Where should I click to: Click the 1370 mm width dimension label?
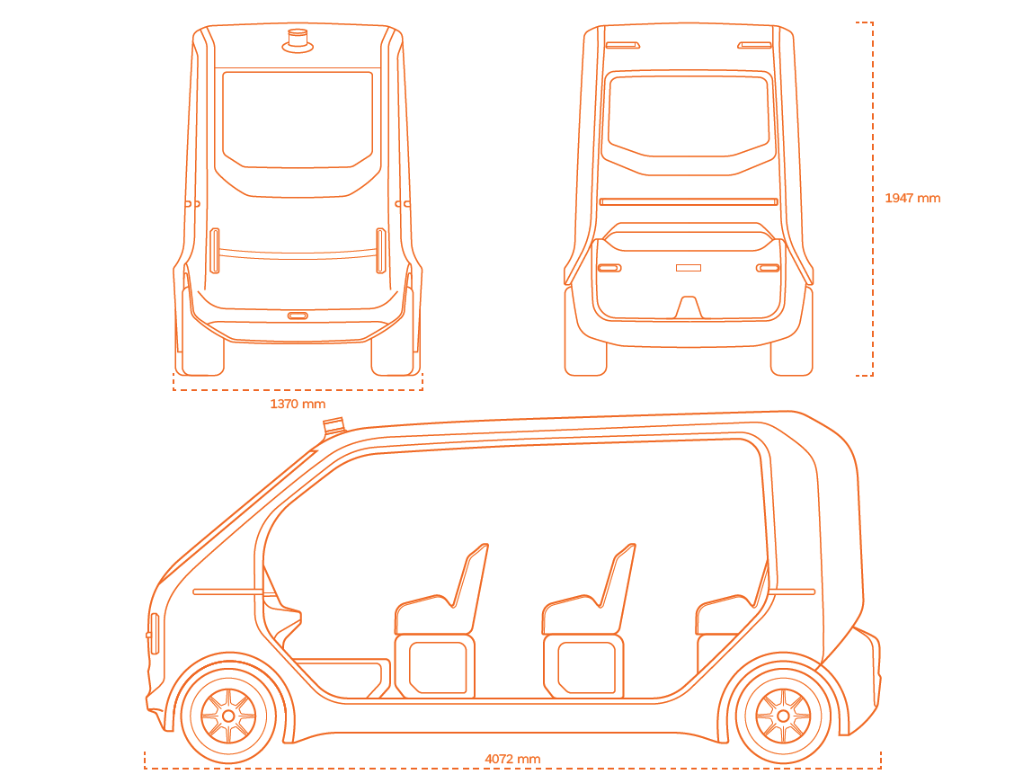point(298,405)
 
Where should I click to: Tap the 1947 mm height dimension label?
point(912,199)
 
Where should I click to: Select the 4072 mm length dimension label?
point(512,759)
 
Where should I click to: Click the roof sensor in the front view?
point(298,40)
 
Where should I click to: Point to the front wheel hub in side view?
point(228,716)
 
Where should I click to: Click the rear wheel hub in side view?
point(783,716)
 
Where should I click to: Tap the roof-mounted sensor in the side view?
point(334,425)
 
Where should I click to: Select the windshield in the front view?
point(298,120)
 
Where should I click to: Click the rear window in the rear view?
point(688,116)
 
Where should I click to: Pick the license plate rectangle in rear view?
point(688,268)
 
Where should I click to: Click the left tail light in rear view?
point(609,268)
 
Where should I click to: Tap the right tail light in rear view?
point(769,268)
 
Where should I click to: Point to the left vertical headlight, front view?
point(215,251)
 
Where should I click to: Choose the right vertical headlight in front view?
point(381,251)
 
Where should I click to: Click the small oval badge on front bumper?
point(298,316)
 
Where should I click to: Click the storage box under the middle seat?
point(584,667)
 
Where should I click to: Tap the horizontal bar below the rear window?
point(688,201)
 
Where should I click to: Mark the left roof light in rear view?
point(623,45)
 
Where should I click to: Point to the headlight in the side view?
point(154,634)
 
